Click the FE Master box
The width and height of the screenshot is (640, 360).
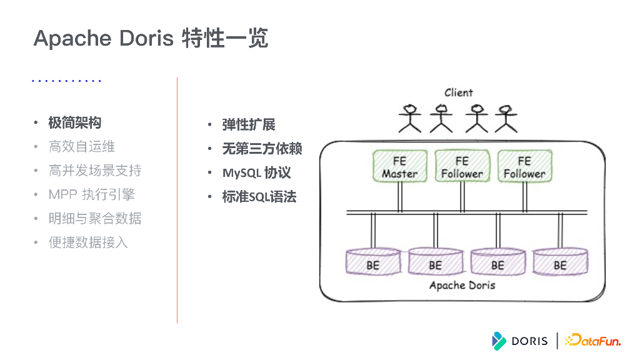pos(399,167)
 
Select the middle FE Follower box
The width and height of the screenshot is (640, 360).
pos(462,167)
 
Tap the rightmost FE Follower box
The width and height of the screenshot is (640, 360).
pos(524,167)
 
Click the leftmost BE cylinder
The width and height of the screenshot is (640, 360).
pos(373,262)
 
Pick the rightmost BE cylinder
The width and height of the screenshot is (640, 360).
pos(560,262)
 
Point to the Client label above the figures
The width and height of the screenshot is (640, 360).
pos(458,92)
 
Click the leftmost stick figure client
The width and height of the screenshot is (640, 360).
pos(410,118)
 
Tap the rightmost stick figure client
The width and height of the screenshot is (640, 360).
pos(506,118)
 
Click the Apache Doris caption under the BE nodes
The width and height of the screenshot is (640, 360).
pos(462,285)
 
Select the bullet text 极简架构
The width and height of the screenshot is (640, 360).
pos(75,122)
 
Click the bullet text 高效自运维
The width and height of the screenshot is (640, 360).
pos(82,147)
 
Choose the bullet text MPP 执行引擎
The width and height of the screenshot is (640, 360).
pos(91,194)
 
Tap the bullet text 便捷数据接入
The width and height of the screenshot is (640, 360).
pos(88,242)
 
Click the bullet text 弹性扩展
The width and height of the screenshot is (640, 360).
pos(249,124)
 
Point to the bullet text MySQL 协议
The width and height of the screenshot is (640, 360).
pos(256,173)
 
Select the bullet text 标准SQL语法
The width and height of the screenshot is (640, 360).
pos(259,197)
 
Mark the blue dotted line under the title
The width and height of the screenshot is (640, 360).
pos(66,81)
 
